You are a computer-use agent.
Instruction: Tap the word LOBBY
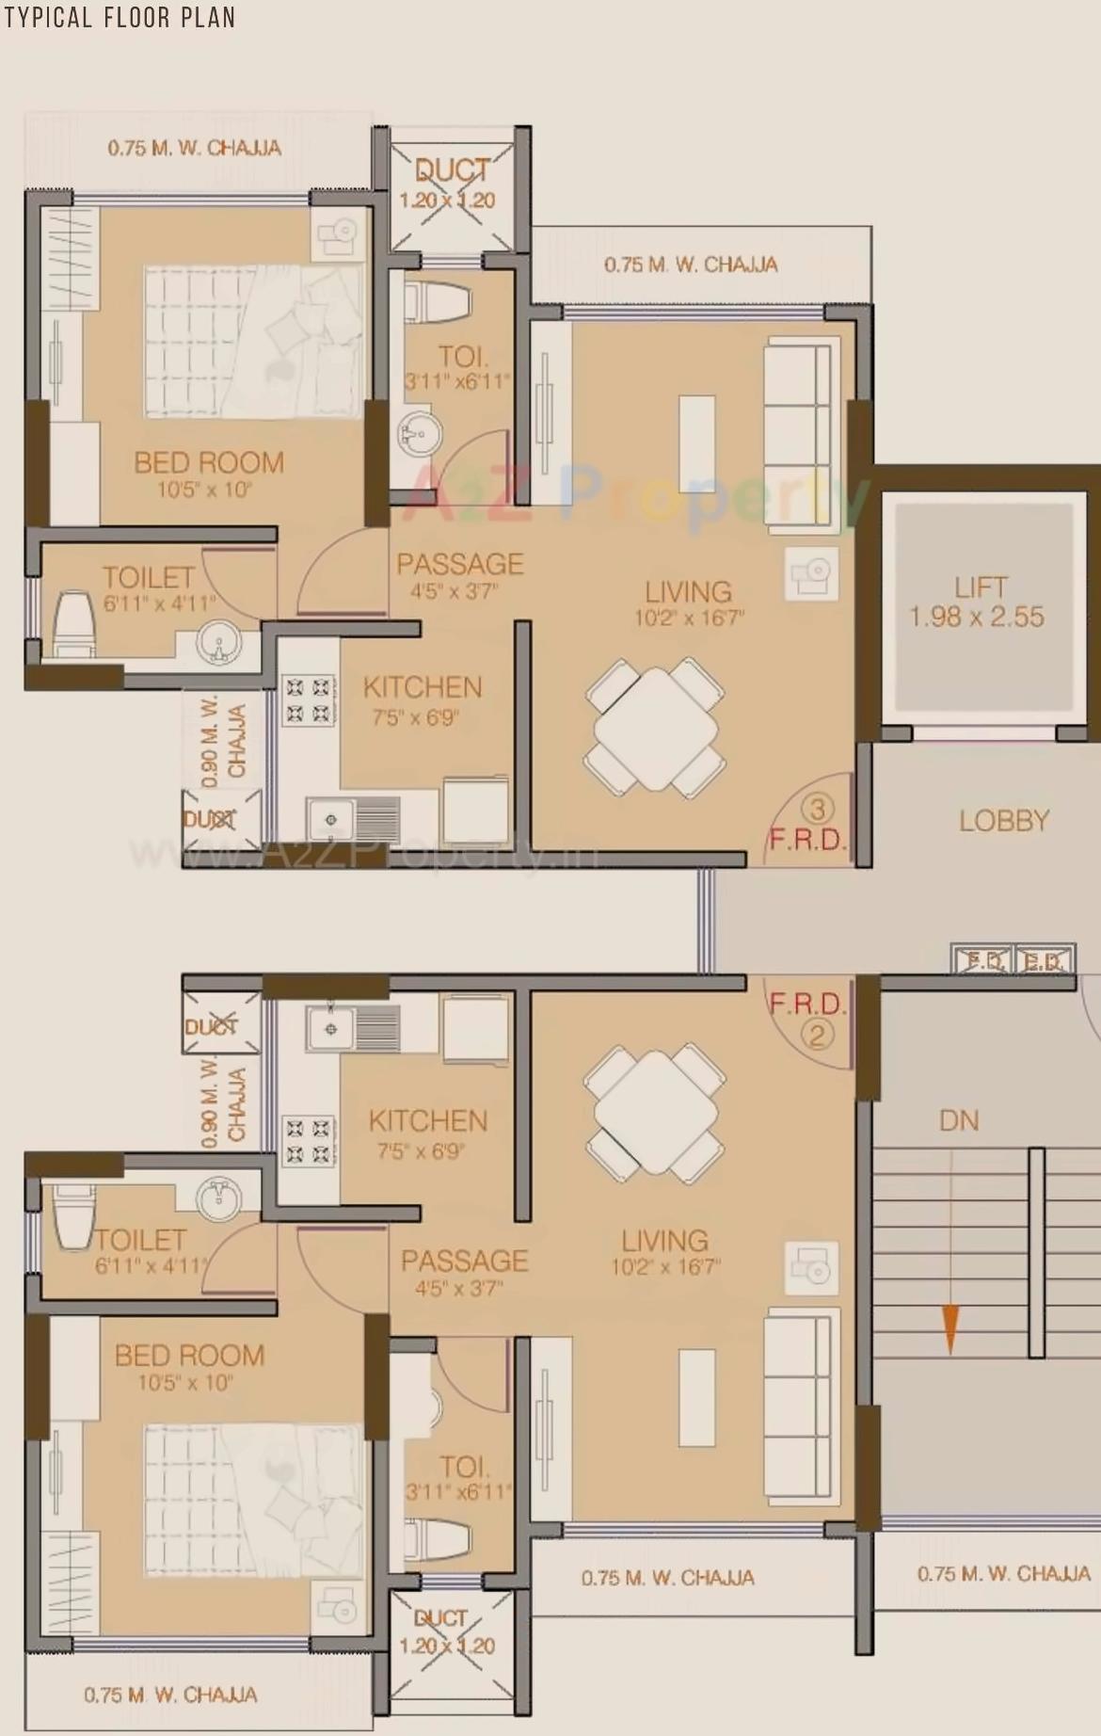[1003, 821]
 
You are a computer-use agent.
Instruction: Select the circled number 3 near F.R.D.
[817, 809]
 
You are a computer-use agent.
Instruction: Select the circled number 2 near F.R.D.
[817, 1036]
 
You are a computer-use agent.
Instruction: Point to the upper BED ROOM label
[208, 463]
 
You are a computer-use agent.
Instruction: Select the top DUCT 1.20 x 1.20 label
[451, 184]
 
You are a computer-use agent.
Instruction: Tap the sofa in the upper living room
[800, 405]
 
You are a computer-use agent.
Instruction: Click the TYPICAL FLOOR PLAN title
[119, 17]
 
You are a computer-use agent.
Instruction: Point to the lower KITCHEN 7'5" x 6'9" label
[427, 1133]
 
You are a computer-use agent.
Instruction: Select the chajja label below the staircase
[1003, 1574]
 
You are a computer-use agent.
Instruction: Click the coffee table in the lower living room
[696, 1398]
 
